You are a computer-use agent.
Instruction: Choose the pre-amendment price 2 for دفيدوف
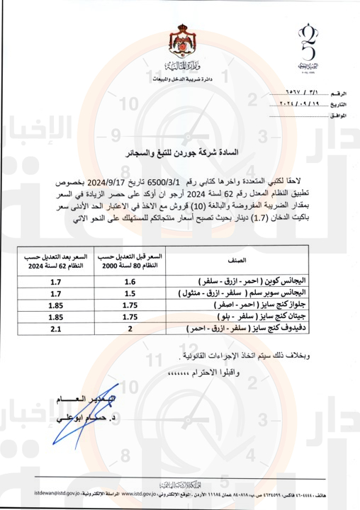130,329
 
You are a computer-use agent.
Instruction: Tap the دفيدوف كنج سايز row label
244,329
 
